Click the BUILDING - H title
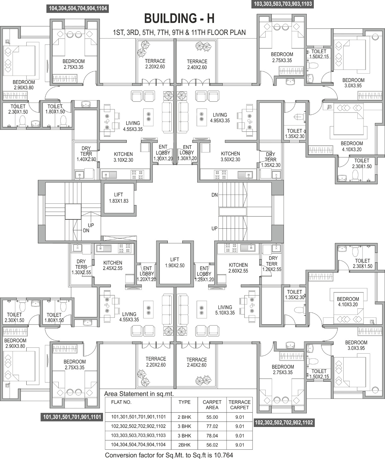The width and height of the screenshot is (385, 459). click(x=179, y=19)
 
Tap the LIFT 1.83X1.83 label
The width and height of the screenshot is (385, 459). click(x=118, y=198)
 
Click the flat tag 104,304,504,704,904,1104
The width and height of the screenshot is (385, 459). click(x=78, y=9)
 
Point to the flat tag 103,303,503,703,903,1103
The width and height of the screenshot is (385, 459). click(x=283, y=4)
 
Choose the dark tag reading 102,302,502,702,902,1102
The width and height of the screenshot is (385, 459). click(x=284, y=422)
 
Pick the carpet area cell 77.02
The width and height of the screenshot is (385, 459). click(x=212, y=426)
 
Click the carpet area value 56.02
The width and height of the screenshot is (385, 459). click(x=212, y=445)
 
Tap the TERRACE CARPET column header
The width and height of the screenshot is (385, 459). click(x=239, y=405)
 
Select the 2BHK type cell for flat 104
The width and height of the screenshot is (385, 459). click(x=184, y=445)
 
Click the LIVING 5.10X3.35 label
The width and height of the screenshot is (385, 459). click(x=225, y=310)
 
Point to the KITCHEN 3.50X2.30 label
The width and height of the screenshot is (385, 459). click(x=230, y=157)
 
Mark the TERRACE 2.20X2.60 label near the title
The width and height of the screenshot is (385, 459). click(x=155, y=64)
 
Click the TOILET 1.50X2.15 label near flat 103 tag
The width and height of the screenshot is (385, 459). click(x=319, y=54)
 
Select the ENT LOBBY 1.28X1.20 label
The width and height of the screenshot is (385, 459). click(x=204, y=274)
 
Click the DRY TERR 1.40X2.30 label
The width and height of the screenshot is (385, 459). click(x=86, y=154)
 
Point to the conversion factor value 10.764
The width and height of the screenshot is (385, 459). click(x=223, y=455)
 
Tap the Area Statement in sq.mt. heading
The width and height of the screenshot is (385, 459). click(x=139, y=394)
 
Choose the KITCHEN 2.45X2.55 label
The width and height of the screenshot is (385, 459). click(x=113, y=265)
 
